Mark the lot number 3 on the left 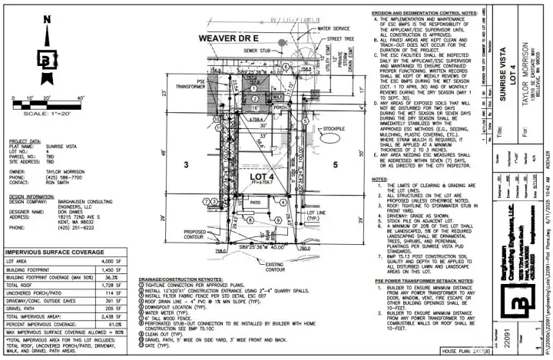pyautogui.click(x=185, y=164)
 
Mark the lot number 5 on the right pyautogui.click(x=335, y=164)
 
